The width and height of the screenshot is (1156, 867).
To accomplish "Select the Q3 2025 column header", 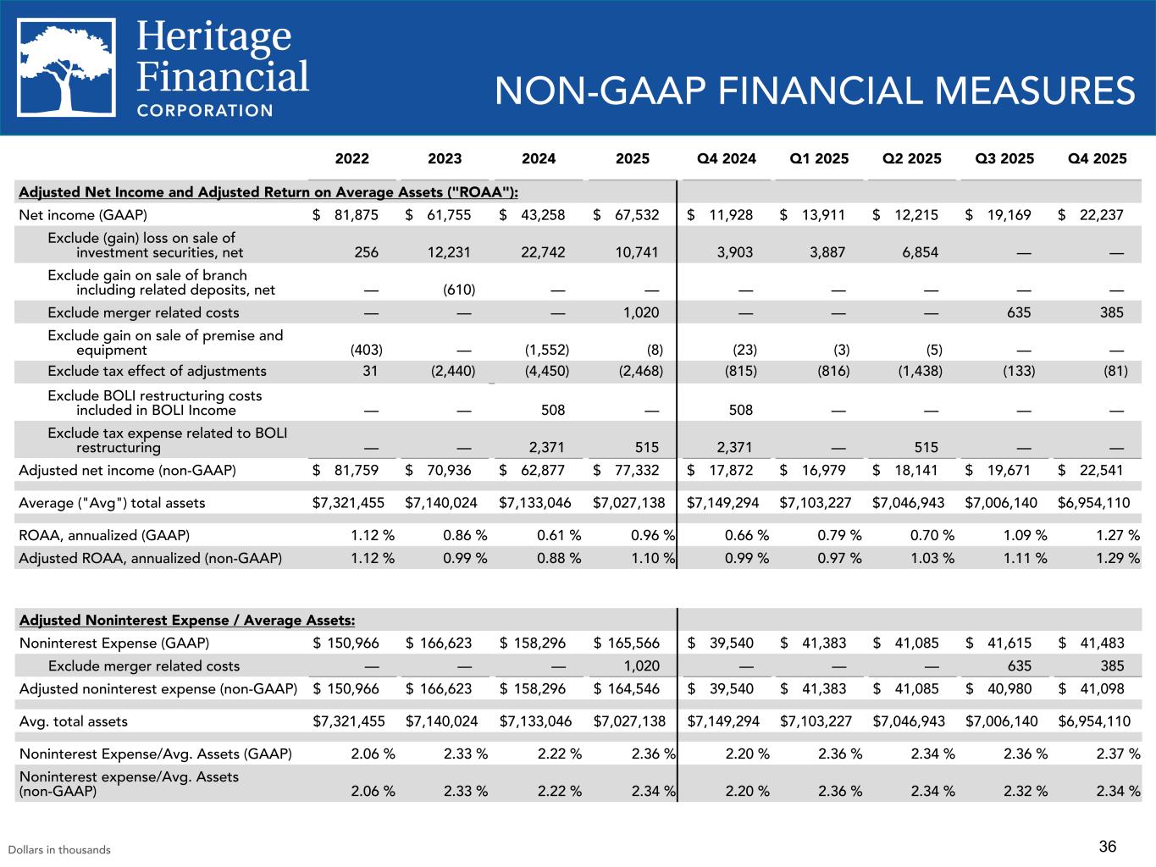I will click(1005, 158).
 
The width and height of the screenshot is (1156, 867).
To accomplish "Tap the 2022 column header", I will click(352, 158).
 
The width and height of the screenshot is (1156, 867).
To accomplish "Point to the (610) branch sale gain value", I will click(458, 290).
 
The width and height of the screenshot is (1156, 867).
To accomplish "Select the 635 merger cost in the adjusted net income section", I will click(1019, 312).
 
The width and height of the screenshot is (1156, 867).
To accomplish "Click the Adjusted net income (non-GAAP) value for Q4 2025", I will click(1098, 470).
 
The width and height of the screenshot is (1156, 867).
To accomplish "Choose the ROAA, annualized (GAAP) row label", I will click(104, 535).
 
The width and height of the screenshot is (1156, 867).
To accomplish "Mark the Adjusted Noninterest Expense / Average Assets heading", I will click(186, 621).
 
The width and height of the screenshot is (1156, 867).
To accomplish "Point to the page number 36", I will click(1108, 846).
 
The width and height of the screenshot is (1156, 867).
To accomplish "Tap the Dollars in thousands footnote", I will click(59, 849).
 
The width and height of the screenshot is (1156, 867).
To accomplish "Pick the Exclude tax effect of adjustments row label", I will click(157, 371).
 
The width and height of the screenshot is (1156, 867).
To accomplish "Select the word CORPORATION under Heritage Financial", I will click(205, 110).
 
